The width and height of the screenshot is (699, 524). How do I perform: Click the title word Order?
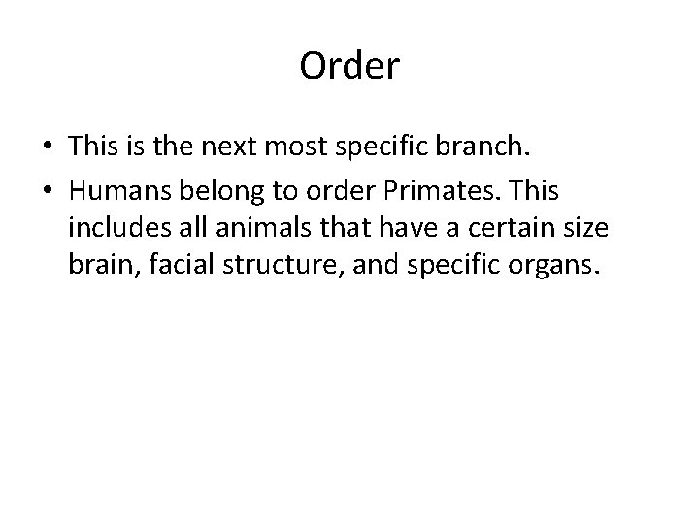[349, 67]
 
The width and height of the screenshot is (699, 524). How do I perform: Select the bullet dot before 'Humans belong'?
[47, 193]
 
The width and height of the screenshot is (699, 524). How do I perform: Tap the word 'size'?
[611, 230]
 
